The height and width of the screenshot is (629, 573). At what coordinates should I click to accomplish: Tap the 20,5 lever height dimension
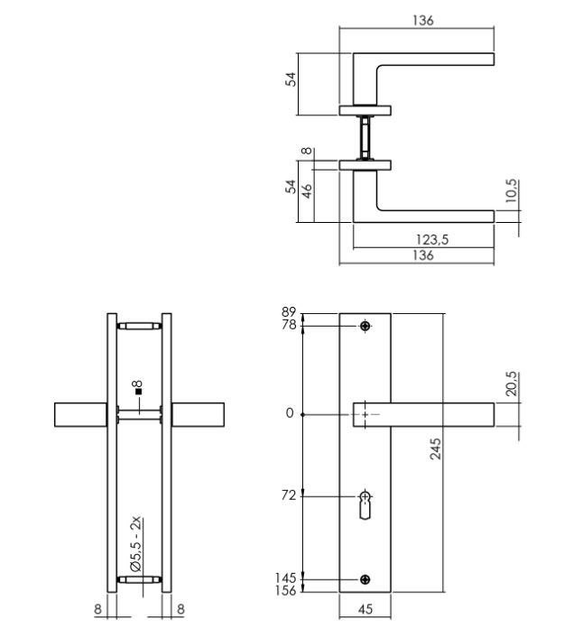click(513, 384)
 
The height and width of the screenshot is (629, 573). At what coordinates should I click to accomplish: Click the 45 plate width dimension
click(365, 610)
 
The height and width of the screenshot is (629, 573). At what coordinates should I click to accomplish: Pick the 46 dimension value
click(309, 191)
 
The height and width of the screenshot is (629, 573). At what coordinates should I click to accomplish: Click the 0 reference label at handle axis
click(289, 414)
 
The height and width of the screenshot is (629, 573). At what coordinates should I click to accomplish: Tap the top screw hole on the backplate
click(365, 325)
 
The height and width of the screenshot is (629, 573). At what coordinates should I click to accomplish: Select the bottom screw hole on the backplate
click(365, 579)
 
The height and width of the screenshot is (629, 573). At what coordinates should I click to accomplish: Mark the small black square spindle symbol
click(138, 391)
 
